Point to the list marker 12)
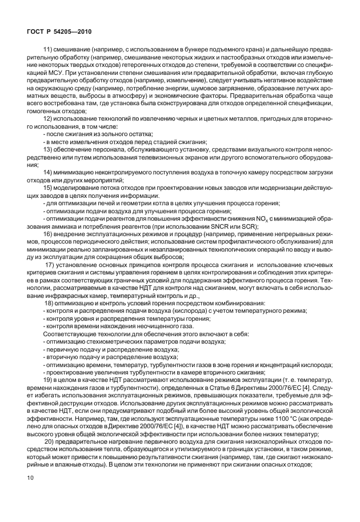[x=48, y=117]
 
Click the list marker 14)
[x=48, y=172]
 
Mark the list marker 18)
[x=48, y=303]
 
